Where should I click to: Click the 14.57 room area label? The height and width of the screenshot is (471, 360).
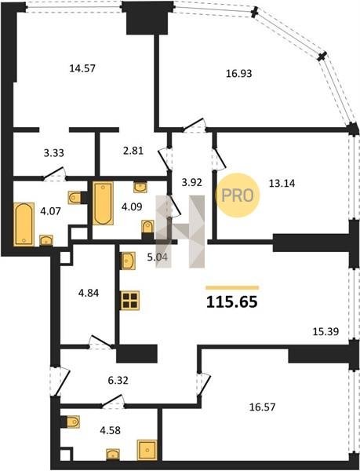click(82, 68)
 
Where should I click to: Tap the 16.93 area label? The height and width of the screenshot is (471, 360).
click(238, 73)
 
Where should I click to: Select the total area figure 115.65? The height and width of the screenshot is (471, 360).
click(232, 302)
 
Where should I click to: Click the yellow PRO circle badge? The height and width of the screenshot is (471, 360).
click(238, 195)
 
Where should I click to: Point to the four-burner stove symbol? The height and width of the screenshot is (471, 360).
click(130, 300)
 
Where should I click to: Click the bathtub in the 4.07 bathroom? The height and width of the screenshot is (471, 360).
click(24, 225)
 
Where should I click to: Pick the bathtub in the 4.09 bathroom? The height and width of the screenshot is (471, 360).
click(103, 203)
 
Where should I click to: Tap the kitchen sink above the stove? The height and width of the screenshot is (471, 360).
click(128, 261)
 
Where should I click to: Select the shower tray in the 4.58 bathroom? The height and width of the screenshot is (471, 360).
click(147, 450)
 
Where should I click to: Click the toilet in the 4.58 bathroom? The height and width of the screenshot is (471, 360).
click(73, 422)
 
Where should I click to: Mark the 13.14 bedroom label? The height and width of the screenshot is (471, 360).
click(282, 183)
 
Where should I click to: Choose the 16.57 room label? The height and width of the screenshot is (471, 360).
click(262, 407)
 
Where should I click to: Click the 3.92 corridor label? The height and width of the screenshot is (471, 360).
click(191, 182)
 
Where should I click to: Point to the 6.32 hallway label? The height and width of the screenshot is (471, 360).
click(118, 380)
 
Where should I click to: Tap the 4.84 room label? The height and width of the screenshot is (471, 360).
click(89, 293)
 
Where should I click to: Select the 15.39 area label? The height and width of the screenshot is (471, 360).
click(325, 331)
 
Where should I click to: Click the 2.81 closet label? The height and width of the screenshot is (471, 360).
click(133, 151)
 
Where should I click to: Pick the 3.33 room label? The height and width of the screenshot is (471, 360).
click(53, 153)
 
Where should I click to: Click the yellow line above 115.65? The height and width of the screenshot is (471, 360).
click(232, 288)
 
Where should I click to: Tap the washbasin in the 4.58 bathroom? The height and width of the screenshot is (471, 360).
click(113, 454)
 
